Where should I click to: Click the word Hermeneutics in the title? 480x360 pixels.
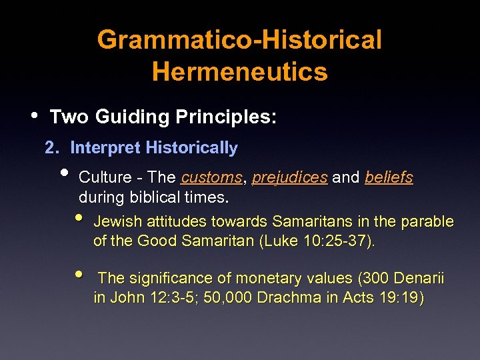pyautogui.click(x=239, y=71)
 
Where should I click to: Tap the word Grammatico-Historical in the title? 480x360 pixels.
pyautogui.click(x=239, y=40)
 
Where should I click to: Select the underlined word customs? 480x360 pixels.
pyautogui.click(x=212, y=178)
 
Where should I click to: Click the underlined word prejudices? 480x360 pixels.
pyautogui.click(x=290, y=178)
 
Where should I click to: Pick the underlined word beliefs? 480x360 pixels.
pyautogui.click(x=389, y=178)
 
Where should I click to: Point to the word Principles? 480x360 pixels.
pyautogui.click(x=225, y=117)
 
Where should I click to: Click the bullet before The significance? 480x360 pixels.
pyautogui.click(x=79, y=273)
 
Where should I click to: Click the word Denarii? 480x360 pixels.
pyautogui.click(x=419, y=278)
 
